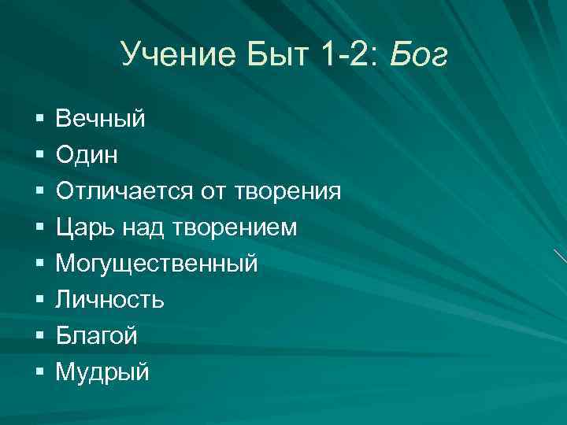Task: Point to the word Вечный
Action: click(x=101, y=119)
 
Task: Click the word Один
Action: click(x=87, y=155)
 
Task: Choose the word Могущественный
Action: click(x=157, y=264)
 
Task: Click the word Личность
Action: click(x=109, y=300)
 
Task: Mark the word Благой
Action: click(x=96, y=336)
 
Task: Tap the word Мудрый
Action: click(x=102, y=372)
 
